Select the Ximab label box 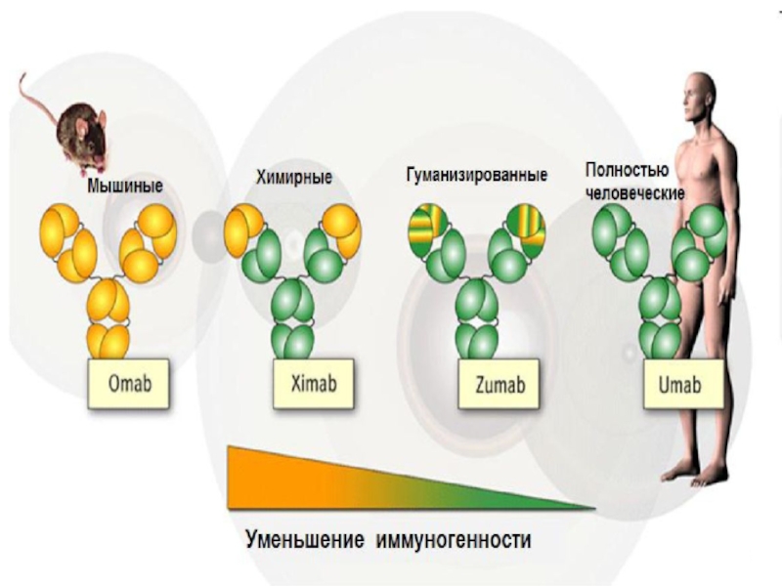[313, 384]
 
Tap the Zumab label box [500, 385]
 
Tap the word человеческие [633, 192]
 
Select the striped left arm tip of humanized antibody [426, 228]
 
